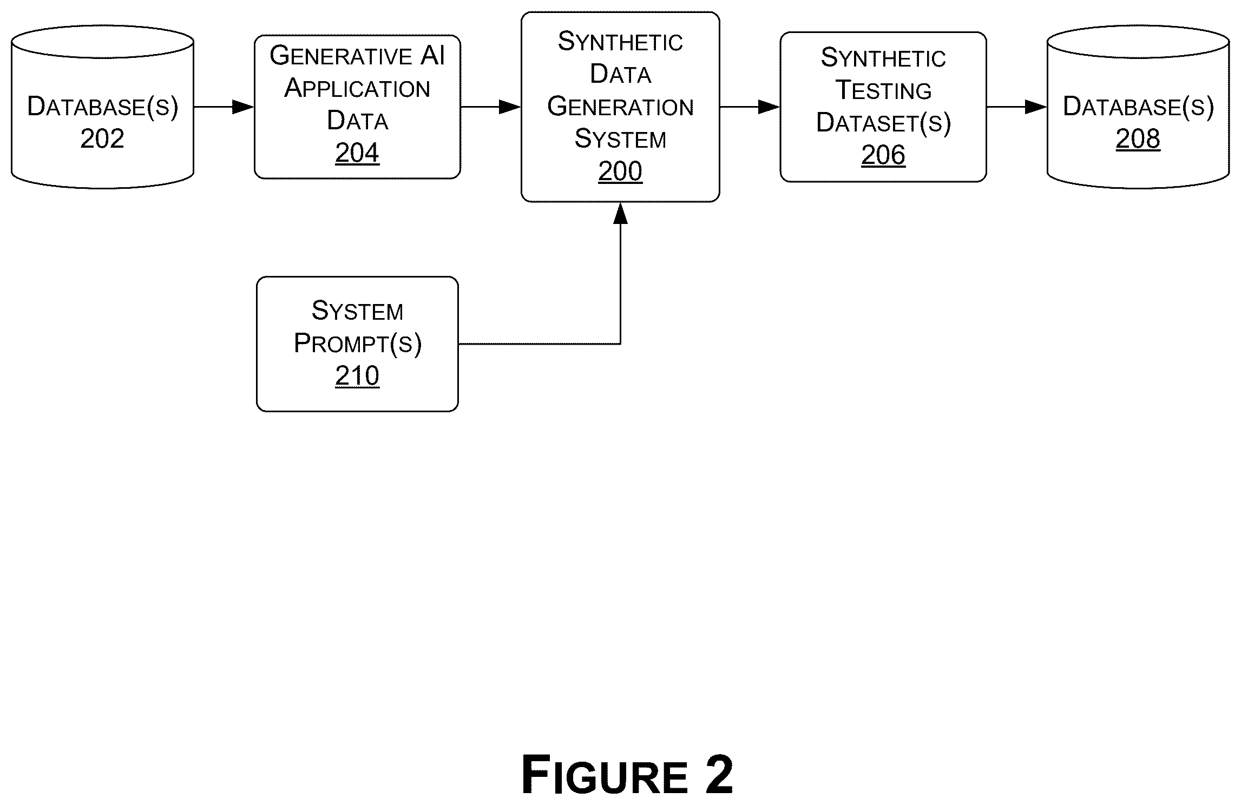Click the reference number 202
102,138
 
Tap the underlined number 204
357,153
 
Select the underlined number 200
620,171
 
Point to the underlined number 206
883,155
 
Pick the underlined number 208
1138,138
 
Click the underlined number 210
357,375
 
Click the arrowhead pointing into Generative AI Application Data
244,107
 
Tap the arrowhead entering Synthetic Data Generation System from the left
510,107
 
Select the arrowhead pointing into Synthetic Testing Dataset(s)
769,107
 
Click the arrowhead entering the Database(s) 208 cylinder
1036,107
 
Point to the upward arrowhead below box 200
620,213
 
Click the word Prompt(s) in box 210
357,344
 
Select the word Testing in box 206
884,90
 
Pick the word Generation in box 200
620,107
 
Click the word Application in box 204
357,88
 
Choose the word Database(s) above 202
102,107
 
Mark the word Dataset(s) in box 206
883,123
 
